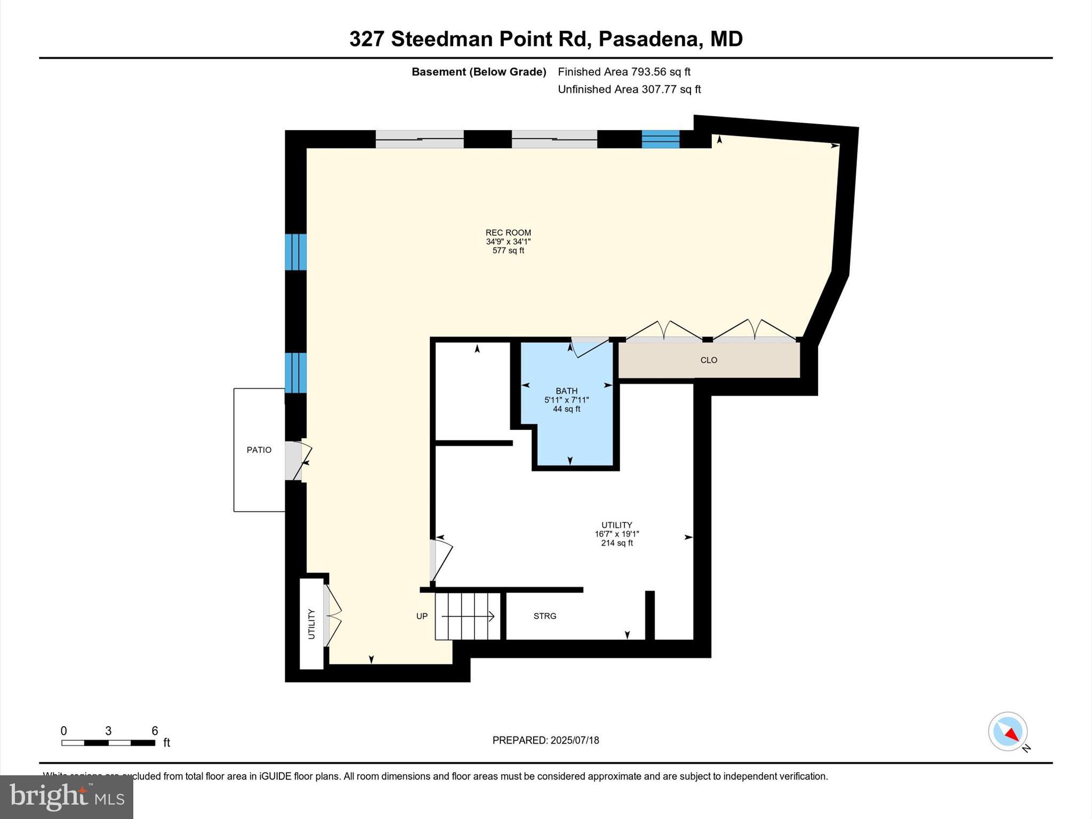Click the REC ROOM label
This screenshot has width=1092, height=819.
[508, 232]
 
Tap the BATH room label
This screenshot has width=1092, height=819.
[566, 391]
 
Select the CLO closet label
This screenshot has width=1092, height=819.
[709, 360]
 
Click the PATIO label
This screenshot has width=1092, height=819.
[259, 450]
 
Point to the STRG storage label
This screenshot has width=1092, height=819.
[544, 616]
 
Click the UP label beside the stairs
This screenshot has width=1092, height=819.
[422, 616]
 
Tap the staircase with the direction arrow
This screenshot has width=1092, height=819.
[468, 616]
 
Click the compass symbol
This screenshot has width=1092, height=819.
[1008, 732]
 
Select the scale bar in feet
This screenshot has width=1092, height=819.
[108, 742]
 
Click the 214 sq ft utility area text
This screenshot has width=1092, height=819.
[617, 543]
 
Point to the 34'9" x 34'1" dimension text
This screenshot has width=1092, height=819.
[508, 242]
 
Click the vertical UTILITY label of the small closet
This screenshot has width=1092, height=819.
[311, 624]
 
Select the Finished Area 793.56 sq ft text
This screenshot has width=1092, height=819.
[624, 72]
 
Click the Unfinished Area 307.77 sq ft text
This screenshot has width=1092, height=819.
[629, 90]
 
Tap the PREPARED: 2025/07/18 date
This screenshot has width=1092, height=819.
[545, 740]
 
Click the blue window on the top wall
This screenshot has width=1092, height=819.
[660, 139]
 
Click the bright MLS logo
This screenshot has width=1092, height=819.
[67, 797]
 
